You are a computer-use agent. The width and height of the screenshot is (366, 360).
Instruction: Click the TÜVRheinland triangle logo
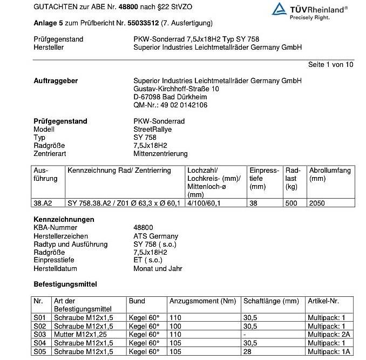coord(279,9)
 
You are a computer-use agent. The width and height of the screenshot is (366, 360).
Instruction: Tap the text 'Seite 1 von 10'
coord(330,64)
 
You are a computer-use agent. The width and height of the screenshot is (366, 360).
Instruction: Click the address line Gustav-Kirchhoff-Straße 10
coord(177,89)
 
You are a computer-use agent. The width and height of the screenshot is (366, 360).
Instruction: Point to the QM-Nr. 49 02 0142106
coord(170,105)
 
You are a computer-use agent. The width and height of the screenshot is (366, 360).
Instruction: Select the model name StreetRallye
coord(153,130)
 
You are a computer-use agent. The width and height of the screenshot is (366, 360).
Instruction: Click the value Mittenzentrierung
coord(161,154)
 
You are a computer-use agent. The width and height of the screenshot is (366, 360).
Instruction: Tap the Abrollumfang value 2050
coord(317,203)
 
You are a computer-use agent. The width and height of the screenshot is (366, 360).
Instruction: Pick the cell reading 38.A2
coord(43,203)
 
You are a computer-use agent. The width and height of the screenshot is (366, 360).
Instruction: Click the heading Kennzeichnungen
coord(64,220)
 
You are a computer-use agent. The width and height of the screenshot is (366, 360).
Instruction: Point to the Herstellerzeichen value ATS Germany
coord(155,236)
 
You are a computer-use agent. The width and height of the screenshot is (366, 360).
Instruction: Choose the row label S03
coord(38,335)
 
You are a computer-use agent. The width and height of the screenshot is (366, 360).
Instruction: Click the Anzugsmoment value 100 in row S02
coord(176,326)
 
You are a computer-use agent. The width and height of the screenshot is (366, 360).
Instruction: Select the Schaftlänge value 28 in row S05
coord(248,352)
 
